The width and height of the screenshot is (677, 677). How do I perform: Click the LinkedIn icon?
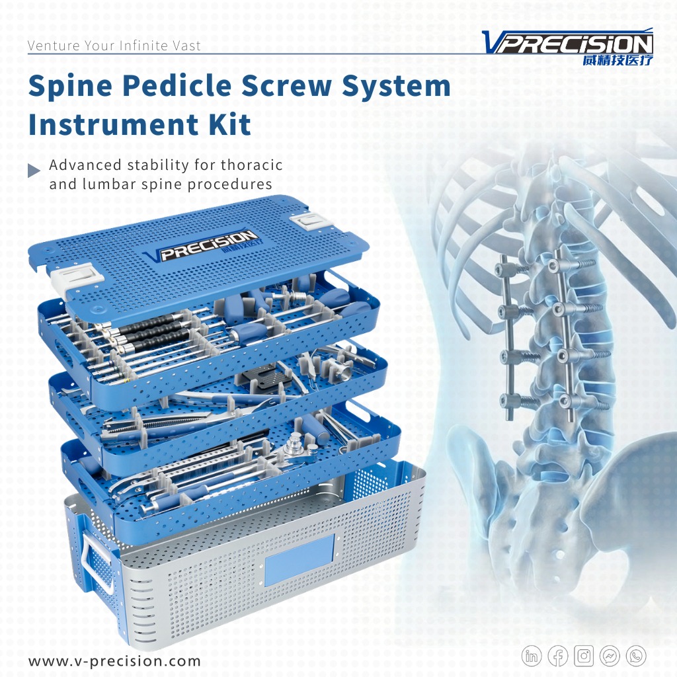(x=532, y=656)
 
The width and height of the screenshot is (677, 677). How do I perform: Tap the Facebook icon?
(x=558, y=656)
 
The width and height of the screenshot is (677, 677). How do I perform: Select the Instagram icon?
(x=584, y=656)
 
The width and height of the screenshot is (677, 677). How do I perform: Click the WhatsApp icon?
(x=636, y=656)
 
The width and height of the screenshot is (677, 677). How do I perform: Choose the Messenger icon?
(x=610, y=656)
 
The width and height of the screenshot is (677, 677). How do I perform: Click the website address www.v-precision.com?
(x=114, y=660)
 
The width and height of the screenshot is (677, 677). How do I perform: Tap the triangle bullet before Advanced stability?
(x=34, y=171)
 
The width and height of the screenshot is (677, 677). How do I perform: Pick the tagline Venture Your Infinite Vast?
(x=114, y=46)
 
